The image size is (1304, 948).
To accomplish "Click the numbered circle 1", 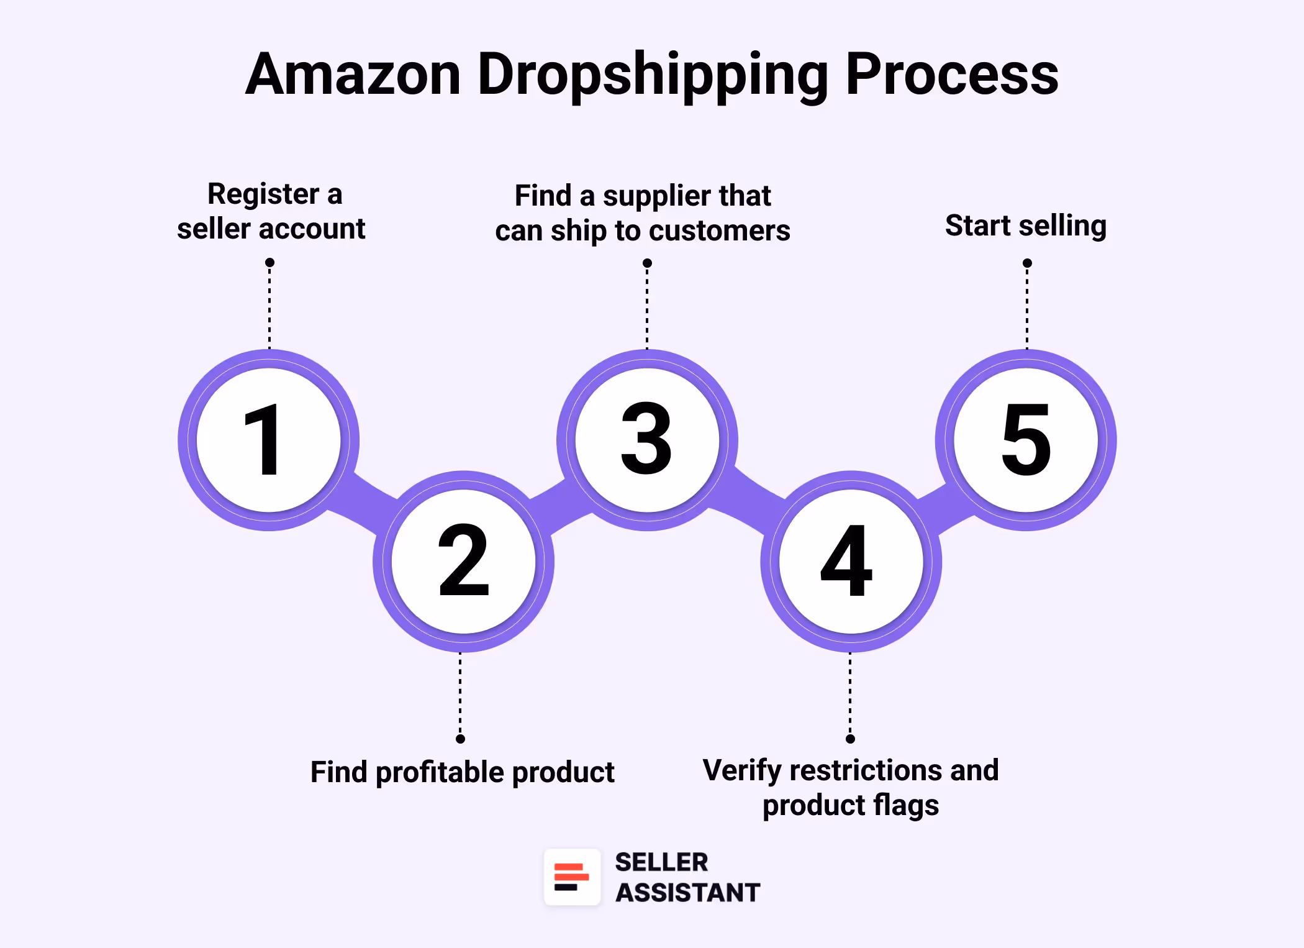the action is pos(268,440).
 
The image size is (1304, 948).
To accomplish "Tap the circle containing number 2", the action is pos(463,561).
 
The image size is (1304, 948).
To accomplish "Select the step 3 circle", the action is pos(647,440).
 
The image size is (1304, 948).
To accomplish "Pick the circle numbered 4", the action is pos(851,561).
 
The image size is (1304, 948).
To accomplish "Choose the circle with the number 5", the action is pos(1026,440).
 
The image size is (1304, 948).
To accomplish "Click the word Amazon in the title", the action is pos(353,75).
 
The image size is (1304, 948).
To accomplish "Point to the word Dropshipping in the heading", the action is pos(653,75).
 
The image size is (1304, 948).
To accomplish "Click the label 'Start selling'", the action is pos(1026,226).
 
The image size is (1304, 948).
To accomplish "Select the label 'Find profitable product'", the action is pos(462,772).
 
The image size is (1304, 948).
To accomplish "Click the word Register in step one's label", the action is pos(263,194).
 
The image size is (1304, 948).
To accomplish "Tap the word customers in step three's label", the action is pos(720,231).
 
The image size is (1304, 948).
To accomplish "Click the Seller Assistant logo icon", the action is pos(572,877).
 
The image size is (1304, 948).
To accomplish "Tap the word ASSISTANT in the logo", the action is pos(687,893).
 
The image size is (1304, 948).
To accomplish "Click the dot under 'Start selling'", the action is pos(1027,263).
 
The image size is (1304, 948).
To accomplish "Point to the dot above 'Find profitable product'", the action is pos(460,739).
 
